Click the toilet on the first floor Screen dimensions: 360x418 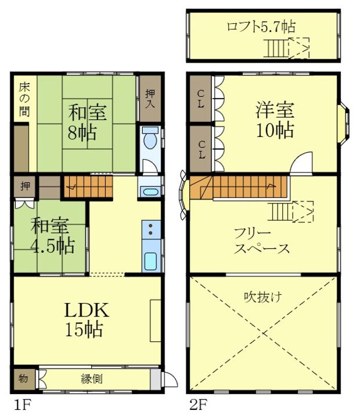tap(150, 138)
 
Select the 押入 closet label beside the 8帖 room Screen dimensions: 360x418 tap(150, 99)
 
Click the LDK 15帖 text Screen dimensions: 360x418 tap(86, 319)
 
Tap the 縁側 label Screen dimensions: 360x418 tap(92, 379)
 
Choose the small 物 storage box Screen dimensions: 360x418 tap(24, 379)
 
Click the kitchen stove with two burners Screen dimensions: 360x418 tap(151, 229)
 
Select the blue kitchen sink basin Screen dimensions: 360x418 tap(150, 261)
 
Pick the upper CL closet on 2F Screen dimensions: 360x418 tap(200, 99)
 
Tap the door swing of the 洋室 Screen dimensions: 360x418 tap(301, 163)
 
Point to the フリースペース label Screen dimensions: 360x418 tap(262, 242)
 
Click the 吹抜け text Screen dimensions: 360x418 tap(263, 297)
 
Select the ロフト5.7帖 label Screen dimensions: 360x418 tap(261, 27)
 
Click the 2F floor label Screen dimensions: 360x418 tap(198, 405)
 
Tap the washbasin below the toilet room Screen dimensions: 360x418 tap(150, 192)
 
